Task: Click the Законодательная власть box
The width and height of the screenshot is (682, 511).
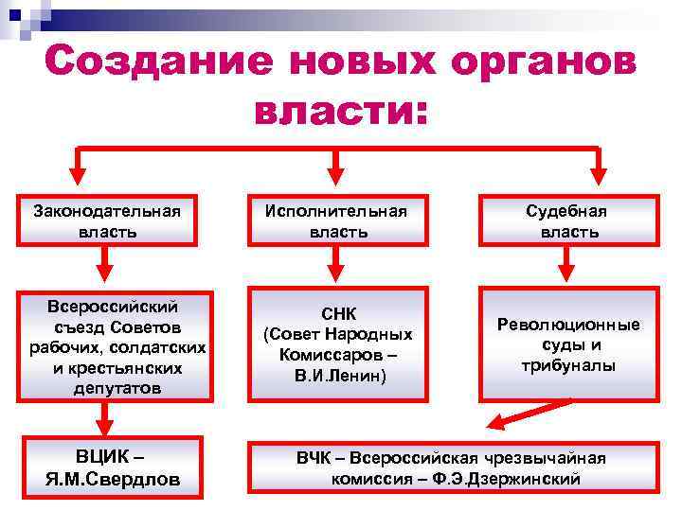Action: [x=106, y=221]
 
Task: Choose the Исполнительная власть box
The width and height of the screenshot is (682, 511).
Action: [x=337, y=221]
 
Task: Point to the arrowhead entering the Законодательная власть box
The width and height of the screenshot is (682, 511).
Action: [x=79, y=180]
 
